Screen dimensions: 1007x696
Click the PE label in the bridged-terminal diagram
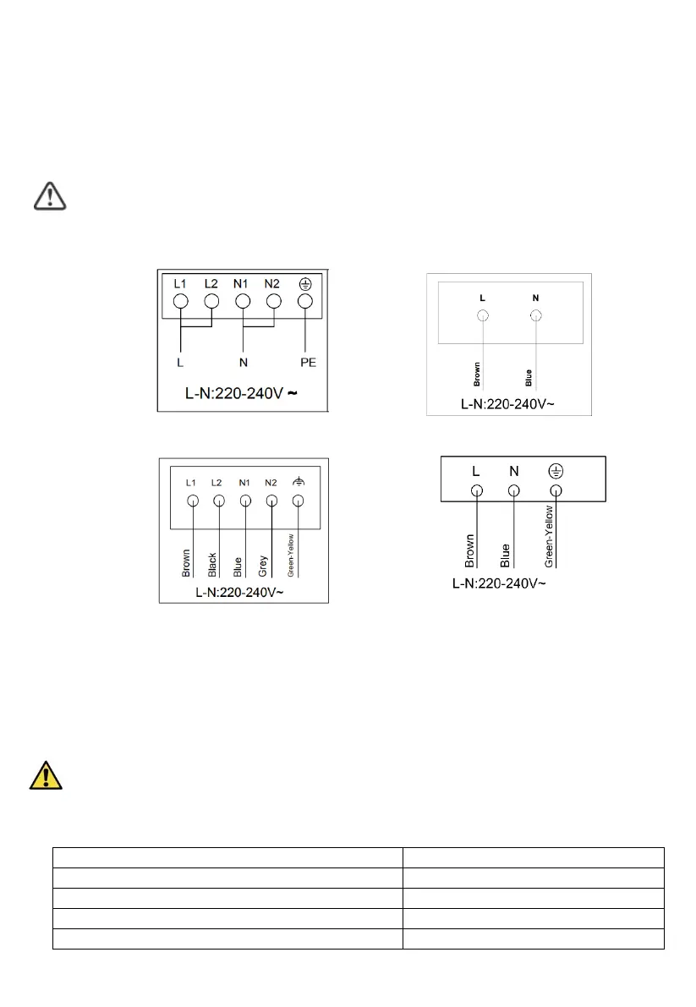pos(307,364)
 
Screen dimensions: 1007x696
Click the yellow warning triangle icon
pos(47,774)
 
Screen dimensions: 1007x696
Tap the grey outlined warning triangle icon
pos(50,195)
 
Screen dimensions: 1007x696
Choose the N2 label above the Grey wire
pos(271,482)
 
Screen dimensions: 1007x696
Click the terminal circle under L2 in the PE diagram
pos(212,301)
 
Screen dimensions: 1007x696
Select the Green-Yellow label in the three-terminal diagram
pos(549,538)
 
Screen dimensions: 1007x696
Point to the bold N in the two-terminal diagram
pos(535,298)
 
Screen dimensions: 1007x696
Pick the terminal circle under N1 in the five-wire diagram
pos(245,501)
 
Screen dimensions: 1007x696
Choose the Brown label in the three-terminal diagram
pos(469,550)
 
